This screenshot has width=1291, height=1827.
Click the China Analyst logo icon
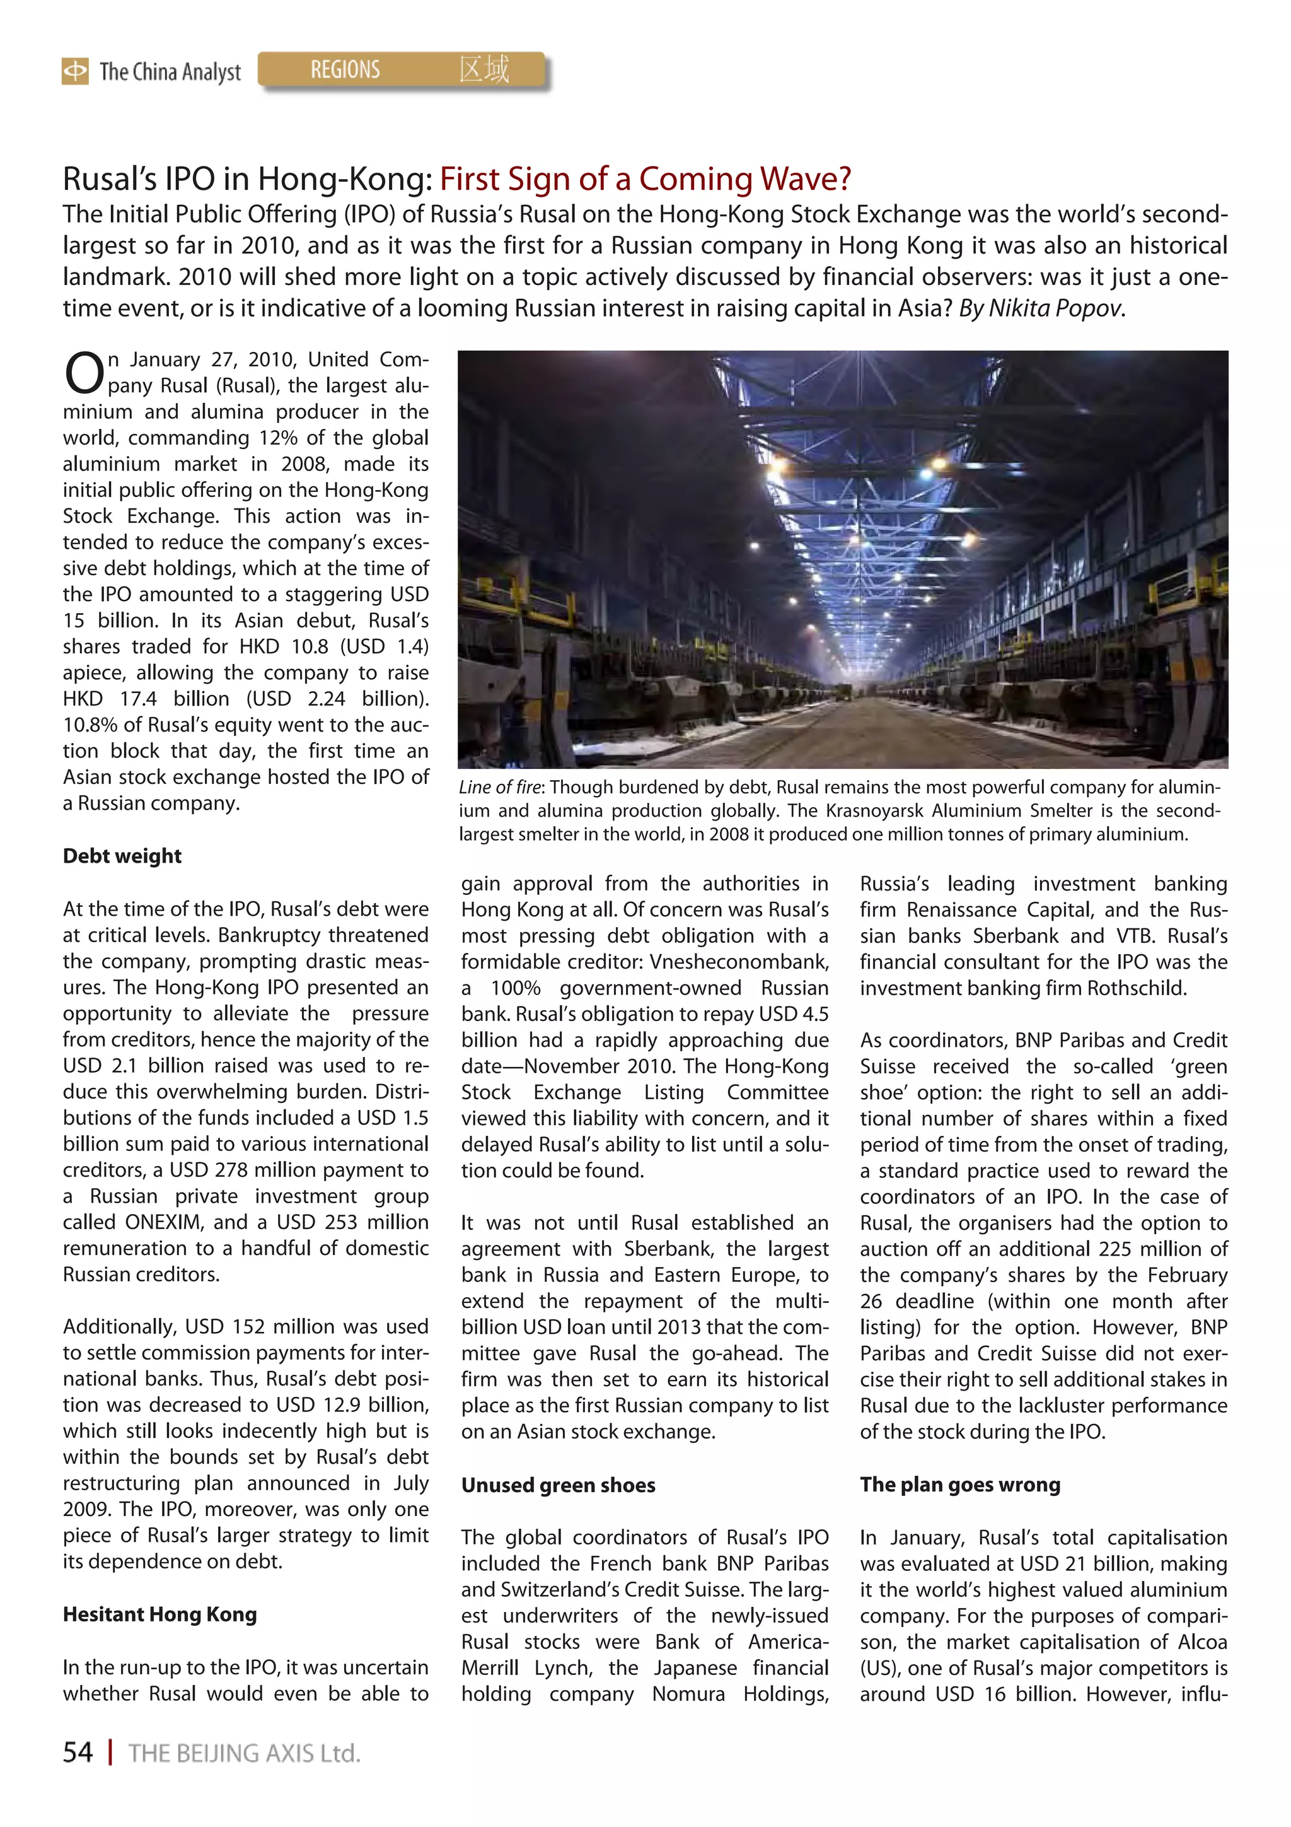[x=75, y=72]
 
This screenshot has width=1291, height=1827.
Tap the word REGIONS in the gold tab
[x=345, y=70]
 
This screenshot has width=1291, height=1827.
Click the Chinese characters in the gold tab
[x=483, y=69]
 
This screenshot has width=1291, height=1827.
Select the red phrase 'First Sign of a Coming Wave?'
[x=645, y=179]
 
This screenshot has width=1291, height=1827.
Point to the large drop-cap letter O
[x=83, y=374]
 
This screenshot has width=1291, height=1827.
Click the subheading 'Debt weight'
[x=122, y=856]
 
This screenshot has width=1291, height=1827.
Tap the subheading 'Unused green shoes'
[x=558, y=1486]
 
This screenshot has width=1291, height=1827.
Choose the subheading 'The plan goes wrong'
[x=959, y=1485]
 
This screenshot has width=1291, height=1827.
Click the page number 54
[x=78, y=1752]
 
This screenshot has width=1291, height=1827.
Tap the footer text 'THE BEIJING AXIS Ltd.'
[x=244, y=1753]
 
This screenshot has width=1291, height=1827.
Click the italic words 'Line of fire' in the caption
[x=499, y=788]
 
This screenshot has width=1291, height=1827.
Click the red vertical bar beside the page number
[x=110, y=1752]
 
